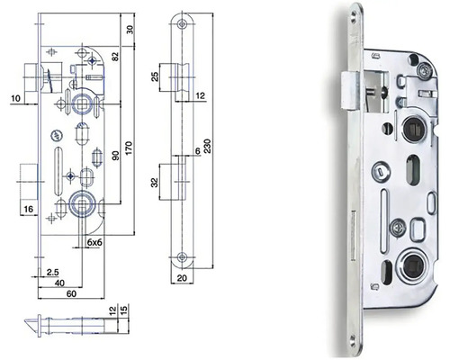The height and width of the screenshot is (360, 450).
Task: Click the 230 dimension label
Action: coord(208,146)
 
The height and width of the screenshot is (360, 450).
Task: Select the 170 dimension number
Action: coord(129,148)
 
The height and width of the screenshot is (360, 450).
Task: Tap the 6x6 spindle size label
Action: coord(94,242)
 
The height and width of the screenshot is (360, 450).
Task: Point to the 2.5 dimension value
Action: coord(53,272)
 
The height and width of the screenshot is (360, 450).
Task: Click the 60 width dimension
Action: coord(71,293)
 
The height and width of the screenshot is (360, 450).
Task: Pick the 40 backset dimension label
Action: coord(59,283)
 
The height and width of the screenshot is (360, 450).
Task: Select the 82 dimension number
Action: coord(115,57)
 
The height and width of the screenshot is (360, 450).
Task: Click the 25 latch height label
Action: coord(155,76)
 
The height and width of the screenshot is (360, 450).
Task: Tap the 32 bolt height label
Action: coord(155,183)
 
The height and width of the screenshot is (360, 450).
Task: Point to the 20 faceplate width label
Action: coord(182,278)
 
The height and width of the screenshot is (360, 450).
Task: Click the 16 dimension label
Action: coord(29,209)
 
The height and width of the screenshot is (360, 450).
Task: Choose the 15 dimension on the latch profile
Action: coord(125,310)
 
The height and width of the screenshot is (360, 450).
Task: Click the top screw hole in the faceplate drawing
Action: coord(181,24)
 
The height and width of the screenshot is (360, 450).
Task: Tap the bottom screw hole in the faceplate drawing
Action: coord(181,256)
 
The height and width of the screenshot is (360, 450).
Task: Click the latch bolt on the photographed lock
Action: coord(350,91)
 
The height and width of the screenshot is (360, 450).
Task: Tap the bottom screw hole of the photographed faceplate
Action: coord(353,339)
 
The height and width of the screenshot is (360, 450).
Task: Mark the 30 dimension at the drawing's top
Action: coord(130,29)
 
